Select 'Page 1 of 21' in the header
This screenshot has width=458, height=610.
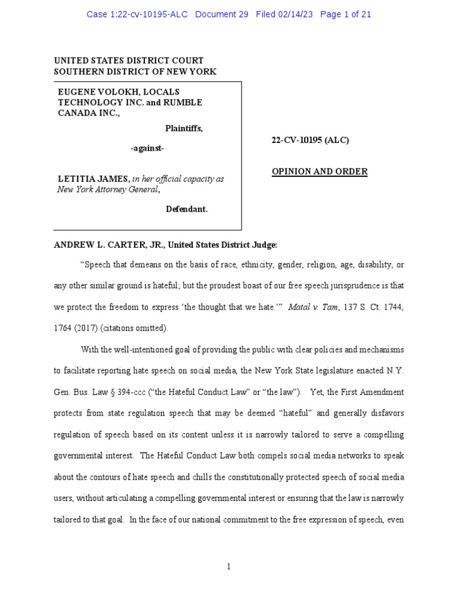coord(345,14)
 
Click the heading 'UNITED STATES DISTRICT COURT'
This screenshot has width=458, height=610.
coord(129,60)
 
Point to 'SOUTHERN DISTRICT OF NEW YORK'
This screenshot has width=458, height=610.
coord(135,71)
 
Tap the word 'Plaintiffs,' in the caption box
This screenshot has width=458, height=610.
coord(184,128)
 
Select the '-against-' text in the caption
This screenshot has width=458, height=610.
coord(148,148)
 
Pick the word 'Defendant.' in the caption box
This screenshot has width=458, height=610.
coord(186,209)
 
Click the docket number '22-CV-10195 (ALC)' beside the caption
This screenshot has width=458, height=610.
coord(310,140)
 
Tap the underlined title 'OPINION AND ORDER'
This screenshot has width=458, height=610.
coord(320,172)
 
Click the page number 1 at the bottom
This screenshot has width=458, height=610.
coord(228,567)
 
